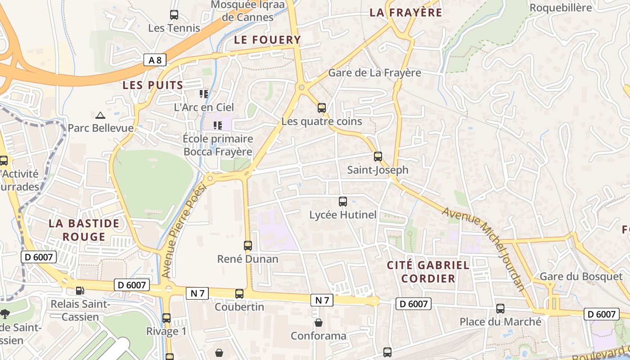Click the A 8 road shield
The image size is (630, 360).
click(155, 60)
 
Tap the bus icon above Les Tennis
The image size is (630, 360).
click(174, 15)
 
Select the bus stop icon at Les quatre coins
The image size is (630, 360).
click(321, 108)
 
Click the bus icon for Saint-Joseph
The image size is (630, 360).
click(378, 157)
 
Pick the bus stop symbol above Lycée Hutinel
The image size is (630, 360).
click(343, 202)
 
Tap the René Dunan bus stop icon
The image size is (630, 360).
click(247, 245)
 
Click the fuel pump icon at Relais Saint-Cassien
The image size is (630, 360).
click(80, 291)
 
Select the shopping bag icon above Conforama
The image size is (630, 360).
click(319, 323)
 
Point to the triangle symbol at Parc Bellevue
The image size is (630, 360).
click(100, 115)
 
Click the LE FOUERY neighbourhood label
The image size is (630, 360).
click(267, 40)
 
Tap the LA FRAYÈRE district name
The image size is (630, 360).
click(405, 13)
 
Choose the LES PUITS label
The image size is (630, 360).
click(153, 85)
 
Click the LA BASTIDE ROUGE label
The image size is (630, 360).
click(84, 230)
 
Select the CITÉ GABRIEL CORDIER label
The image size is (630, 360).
click(428, 272)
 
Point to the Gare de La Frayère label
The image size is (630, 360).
click(374, 73)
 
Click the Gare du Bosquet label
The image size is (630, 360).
click(580, 277)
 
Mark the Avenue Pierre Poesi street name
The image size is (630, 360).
click(183, 231)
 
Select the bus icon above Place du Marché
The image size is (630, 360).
click(500, 309)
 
